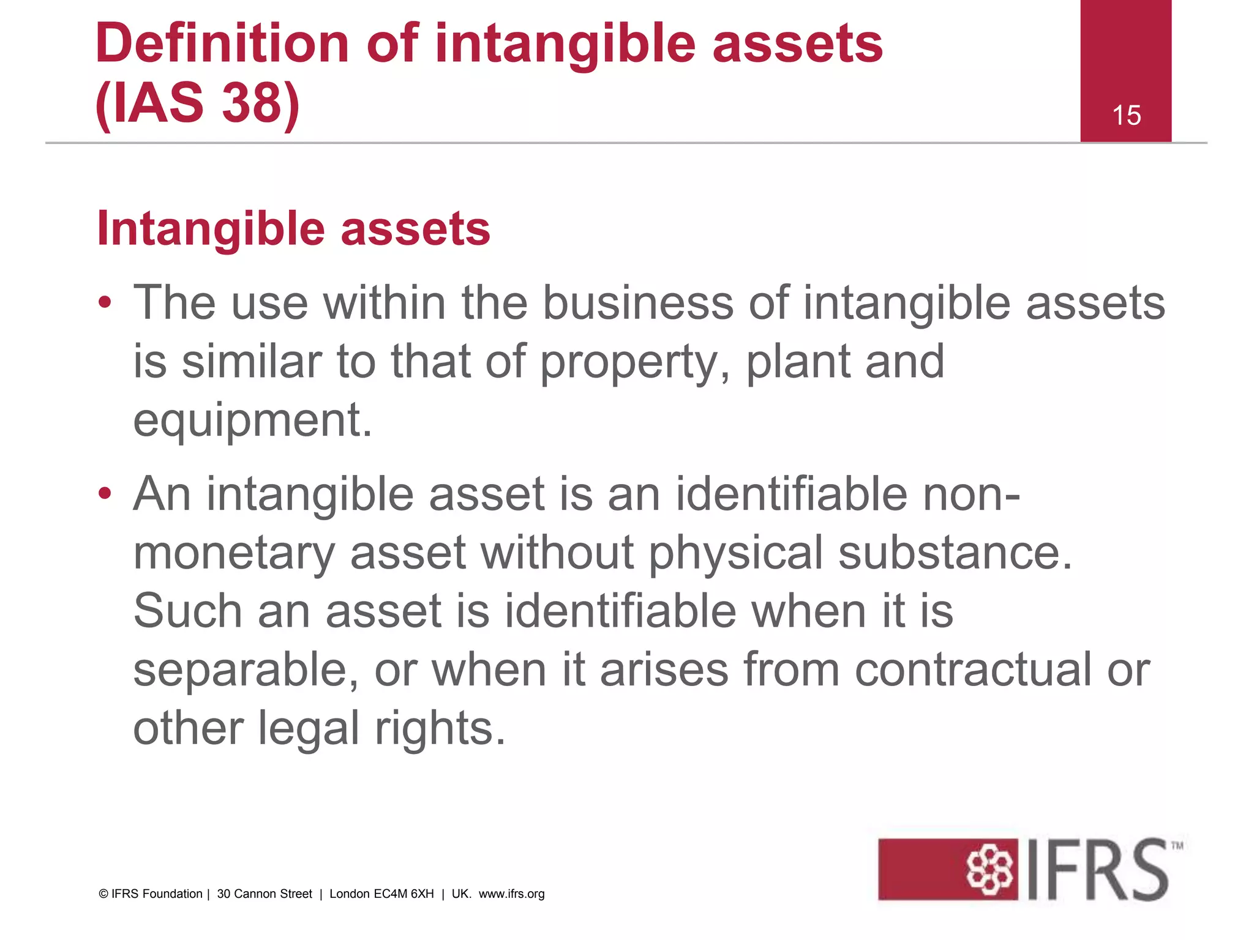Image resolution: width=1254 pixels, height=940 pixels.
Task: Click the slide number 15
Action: pyautogui.click(x=1126, y=115)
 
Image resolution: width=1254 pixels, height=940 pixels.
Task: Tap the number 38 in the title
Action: pyautogui.click(x=251, y=102)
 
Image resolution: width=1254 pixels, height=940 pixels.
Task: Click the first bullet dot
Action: pyautogui.click(x=105, y=302)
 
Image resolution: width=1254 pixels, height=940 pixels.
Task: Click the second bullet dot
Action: pyautogui.click(x=105, y=493)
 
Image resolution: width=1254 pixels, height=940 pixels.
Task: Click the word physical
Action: pyautogui.click(x=735, y=553)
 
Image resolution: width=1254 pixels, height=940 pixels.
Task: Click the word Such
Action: pyautogui.click(x=187, y=611)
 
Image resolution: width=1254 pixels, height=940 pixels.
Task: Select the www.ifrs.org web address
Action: pyautogui.click(x=511, y=894)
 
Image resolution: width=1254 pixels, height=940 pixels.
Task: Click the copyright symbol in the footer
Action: pyautogui.click(x=103, y=894)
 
